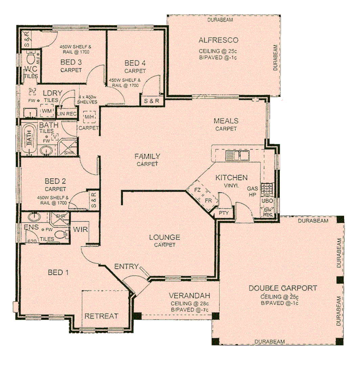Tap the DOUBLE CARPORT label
click(x=283, y=288)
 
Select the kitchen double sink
click(x=237, y=156)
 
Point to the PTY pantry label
click(x=224, y=213)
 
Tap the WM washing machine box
click(x=47, y=111)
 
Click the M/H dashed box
click(x=89, y=117)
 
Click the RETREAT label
click(x=101, y=316)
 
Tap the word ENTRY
click(x=126, y=267)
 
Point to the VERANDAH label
click(x=189, y=296)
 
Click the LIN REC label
click(x=67, y=114)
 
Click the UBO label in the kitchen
click(x=267, y=201)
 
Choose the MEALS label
click(x=226, y=121)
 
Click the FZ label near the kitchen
click(x=197, y=190)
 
